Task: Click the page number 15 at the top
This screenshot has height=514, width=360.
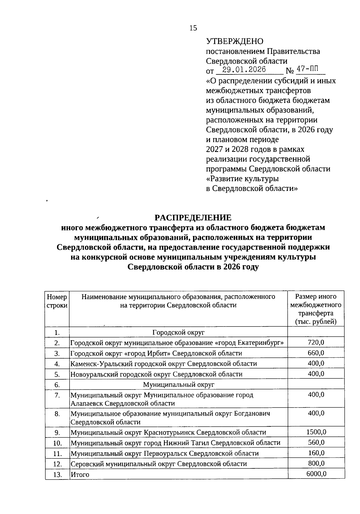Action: pyautogui.click(x=193, y=28)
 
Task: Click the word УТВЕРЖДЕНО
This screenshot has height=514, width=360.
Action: pyautogui.click(x=235, y=41)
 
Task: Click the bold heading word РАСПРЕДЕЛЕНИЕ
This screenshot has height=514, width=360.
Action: pyautogui.click(x=193, y=218)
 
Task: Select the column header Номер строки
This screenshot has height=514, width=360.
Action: pyautogui.click(x=57, y=301)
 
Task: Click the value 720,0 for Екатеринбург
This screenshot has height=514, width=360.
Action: pyautogui.click(x=316, y=342)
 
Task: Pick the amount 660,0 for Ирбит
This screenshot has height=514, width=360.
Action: pyautogui.click(x=316, y=353)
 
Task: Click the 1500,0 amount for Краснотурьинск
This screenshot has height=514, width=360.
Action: pyautogui.click(x=316, y=432)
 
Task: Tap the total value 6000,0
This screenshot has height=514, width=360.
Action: pyautogui.click(x=316, y=474)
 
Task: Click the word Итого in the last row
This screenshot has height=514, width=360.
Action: pyautogui.click(x=80, y=475)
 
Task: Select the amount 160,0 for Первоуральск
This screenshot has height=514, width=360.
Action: pyautogui.click(x=316, y=453)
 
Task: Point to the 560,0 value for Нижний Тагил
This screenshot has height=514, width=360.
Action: pyautogui.click(x=316, y=442)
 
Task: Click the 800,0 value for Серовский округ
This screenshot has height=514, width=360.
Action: pyautogui.click(x=316, y=463)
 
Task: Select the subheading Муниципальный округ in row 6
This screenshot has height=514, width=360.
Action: pyautogui.click(x=178, y=385)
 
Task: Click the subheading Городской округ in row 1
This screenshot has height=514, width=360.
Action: pyautogui.click(x=178, y=332)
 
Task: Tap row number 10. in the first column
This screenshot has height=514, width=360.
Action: pyautogui.click(x=57, y=443)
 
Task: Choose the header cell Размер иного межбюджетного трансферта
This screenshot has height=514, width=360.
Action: pyautogui.click(x=316, y=309)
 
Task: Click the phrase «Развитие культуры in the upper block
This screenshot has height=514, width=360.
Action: pyautogui.click(x=243, y=179)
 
